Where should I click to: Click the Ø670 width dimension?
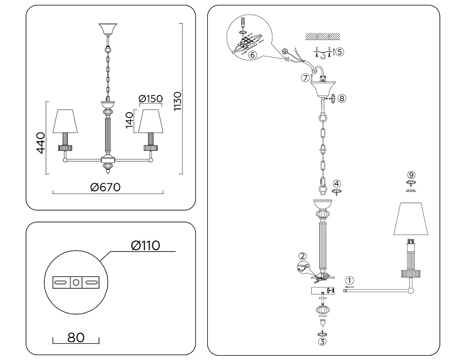(106, 186)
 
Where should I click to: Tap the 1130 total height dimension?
(178, 101)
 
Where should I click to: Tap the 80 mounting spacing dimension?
(76, 338)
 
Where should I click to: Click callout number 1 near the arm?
(350, 280)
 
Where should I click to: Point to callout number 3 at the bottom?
(322, 340)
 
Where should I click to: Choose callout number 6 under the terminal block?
(252, 54)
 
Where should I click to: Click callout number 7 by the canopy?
(305, 78)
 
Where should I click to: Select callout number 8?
(342, 98)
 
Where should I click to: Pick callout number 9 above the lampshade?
(411, 175)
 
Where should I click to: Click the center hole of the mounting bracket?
(76, 281)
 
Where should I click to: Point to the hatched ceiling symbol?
(321, 37)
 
